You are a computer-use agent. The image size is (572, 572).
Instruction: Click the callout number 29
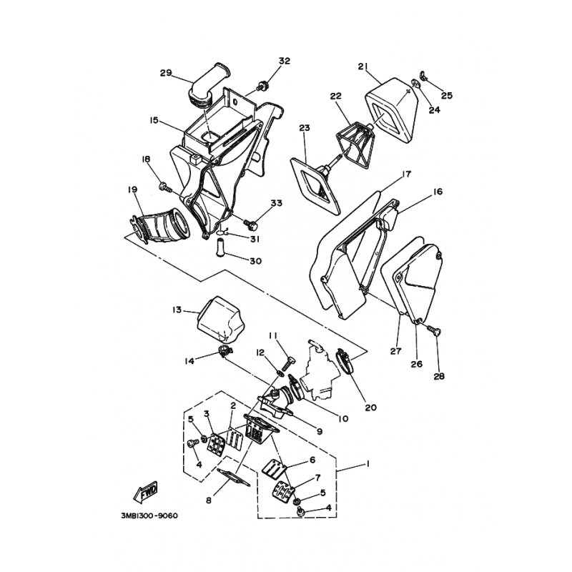pos(166,73)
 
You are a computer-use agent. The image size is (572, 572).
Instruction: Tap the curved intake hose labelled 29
pos(209,87)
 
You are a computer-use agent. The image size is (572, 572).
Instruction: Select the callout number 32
pos(284,61)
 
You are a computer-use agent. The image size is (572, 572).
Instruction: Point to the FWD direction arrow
pos(146,490)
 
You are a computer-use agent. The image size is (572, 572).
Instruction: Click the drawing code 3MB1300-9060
pos(149,516)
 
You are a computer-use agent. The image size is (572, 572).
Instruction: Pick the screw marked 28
pos(434,330)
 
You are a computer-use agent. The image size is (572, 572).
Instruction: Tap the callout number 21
pos(363,66)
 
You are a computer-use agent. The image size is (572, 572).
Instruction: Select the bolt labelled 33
pos(251,224)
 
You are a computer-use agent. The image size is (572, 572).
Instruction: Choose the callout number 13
pos(177,310)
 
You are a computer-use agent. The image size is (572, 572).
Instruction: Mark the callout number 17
pos(406,174)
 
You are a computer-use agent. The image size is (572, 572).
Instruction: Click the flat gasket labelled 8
pos(234,478)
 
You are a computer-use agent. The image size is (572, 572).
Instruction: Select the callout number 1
pos(368,463)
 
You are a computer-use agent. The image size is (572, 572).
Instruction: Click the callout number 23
pos(305,128)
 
